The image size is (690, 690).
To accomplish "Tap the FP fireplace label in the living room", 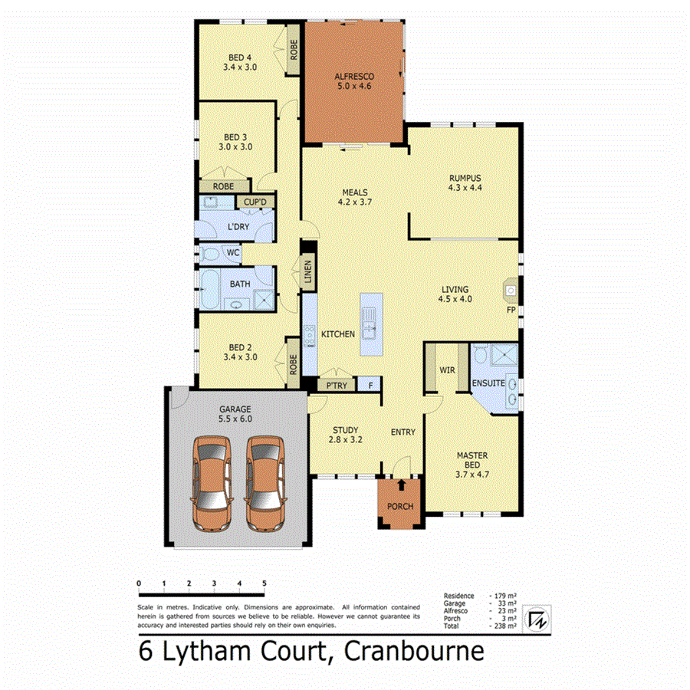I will [510, 310].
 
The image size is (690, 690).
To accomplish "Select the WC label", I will [232, 252].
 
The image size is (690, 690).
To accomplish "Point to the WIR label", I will [448, 370].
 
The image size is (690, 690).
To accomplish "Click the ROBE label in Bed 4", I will [293, 50].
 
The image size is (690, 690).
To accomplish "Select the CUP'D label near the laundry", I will [255, 202].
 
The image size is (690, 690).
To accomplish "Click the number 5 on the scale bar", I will [264, 583].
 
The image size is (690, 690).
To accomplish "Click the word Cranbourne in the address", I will [414, 652].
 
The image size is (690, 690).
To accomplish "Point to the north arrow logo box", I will [539, 616].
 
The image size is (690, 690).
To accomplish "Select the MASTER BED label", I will [472, 461].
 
